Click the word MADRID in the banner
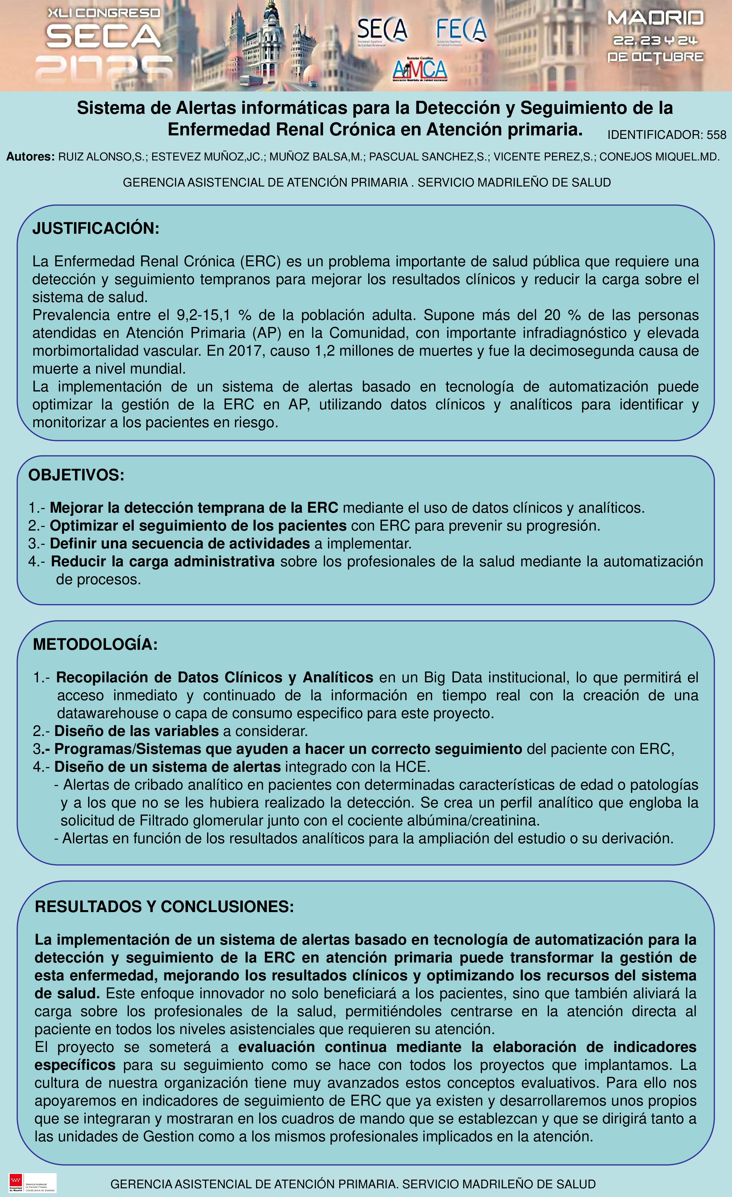[655, 18]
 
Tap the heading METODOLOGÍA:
[95, 645]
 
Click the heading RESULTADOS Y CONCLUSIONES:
[164, 906]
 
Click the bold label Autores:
[30, 157]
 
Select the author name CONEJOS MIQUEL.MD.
[659, 157]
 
